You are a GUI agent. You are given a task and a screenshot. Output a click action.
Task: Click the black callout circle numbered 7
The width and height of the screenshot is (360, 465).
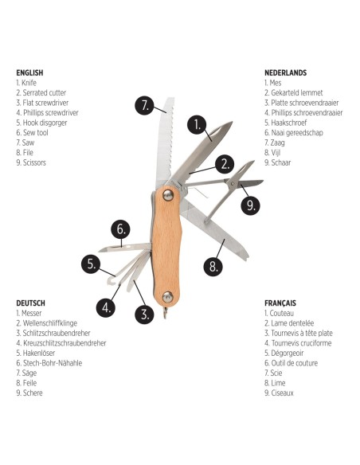(144, 105)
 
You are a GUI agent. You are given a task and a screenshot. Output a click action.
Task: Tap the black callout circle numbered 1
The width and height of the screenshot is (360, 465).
(197, 125)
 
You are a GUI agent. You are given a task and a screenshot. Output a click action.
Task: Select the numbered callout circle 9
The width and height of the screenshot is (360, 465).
(250, 205)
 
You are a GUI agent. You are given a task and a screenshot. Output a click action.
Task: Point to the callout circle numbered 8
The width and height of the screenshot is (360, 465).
(213, 266)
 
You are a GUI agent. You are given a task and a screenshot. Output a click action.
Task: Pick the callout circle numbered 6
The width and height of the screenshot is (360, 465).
(121, 229)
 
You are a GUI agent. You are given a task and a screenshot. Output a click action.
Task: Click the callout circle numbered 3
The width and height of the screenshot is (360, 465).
(144, 314)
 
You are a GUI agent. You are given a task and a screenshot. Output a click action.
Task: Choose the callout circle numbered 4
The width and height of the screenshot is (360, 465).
(106, 307)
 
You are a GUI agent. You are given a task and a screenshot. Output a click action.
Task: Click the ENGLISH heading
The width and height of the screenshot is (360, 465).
(29, 72)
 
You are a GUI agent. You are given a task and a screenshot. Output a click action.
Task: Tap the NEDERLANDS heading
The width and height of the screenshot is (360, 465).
(286, 72)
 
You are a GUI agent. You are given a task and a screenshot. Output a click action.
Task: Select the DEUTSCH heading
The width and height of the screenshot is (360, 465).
(31, 303)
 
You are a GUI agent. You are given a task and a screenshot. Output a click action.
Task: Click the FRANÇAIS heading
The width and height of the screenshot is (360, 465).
(280, 303)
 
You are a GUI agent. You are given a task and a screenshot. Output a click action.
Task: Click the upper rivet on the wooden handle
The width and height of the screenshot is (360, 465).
(168, 195)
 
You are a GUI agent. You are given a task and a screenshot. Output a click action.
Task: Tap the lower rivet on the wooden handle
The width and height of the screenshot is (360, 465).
(167, 297)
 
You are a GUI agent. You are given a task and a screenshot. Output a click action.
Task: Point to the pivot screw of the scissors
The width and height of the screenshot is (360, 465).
(233, 185)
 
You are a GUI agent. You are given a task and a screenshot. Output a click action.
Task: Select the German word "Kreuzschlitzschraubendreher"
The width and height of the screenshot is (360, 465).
(65, 343)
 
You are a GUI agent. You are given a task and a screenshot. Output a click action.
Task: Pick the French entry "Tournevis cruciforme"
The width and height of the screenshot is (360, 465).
(301, 343)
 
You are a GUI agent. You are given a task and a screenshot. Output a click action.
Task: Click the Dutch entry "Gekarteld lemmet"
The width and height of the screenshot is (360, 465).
(297, 93)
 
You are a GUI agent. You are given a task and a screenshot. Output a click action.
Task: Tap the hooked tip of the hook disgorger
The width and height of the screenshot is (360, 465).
(111, 281)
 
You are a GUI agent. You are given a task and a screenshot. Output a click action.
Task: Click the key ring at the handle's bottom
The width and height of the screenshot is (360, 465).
(165, 313)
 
